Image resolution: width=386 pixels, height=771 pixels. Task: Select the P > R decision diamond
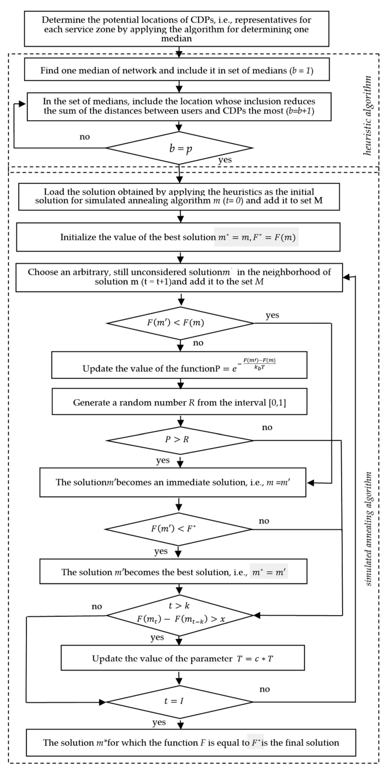coord(180,440)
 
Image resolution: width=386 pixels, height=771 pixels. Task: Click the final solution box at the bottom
coord(191,743)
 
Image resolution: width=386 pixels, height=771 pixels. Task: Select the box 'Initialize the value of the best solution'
coord(178,237)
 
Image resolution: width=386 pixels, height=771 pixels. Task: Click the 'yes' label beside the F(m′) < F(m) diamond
coord(272,315)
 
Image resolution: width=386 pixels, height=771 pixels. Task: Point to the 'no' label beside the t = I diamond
coord(264,689)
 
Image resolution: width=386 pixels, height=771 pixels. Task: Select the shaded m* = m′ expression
coord(269,572)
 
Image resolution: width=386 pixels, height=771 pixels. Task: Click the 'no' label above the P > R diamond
coord(267,427)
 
